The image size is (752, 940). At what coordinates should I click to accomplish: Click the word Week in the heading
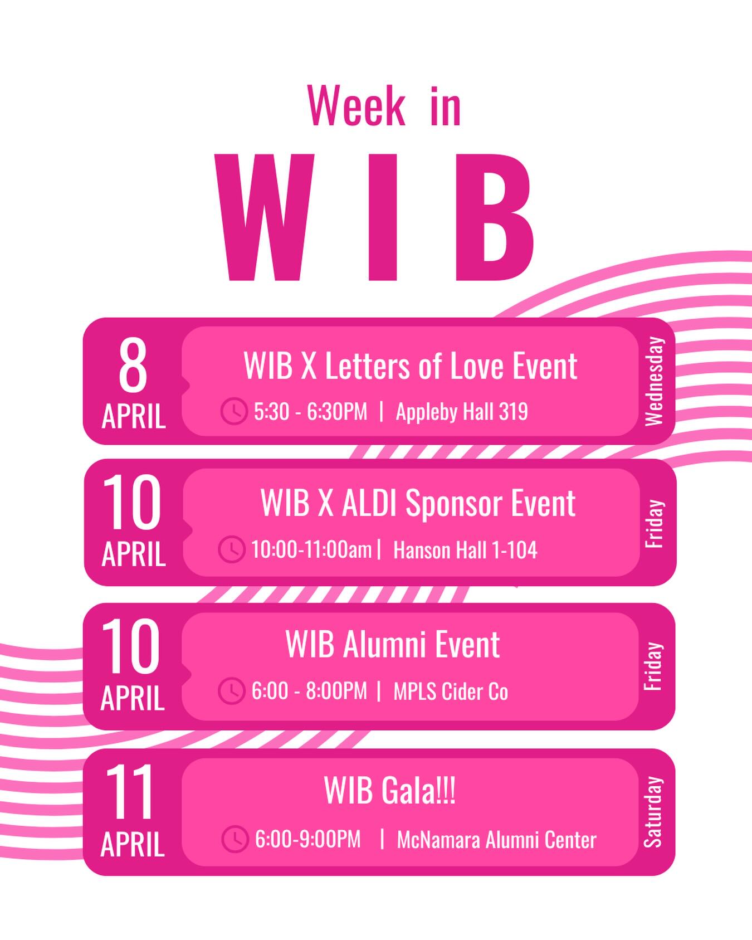[x=356, y=106]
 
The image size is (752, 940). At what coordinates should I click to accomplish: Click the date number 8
[x=133, y=367]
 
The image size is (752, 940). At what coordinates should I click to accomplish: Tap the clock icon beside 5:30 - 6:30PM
[x=234, y=411]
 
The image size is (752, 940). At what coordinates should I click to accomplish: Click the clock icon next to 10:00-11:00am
[x=231, y=549]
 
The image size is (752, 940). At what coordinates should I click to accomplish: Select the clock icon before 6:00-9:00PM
[x=235, y=839]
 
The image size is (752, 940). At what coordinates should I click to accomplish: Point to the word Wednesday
[x=654, y=381]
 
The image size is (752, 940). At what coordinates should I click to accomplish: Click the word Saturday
[x=653, y=812]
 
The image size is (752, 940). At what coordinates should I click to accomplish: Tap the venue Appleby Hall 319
[x=462, y=412]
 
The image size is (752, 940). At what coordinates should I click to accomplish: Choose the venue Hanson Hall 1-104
[x=465, y=550]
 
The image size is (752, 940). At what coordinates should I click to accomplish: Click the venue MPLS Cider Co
[x=451, y=691]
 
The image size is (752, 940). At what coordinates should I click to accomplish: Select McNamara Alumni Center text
[x=496, y=840]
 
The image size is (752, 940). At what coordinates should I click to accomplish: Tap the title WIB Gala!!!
[x=389, y=790]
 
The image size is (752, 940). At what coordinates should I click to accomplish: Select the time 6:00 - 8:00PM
[x=309, y=691]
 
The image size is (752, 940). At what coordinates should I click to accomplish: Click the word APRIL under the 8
[x=134, y=417]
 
